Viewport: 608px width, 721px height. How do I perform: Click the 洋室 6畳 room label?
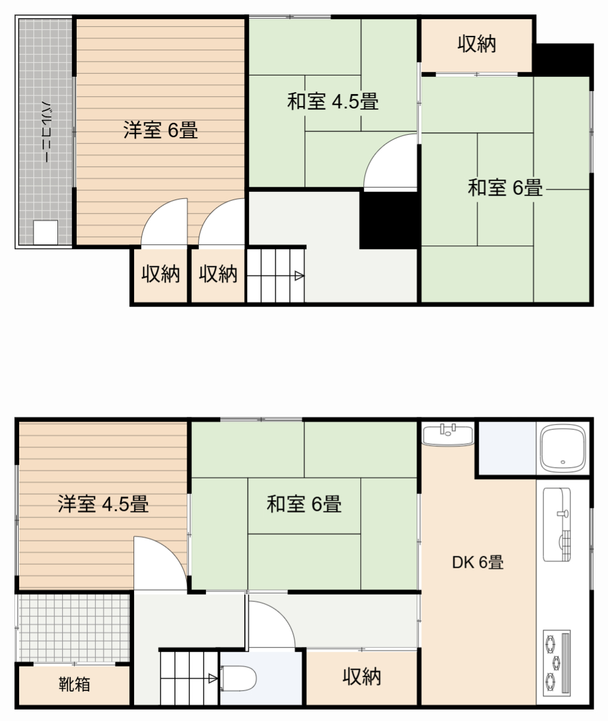160,130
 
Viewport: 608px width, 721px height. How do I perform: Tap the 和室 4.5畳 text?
333,102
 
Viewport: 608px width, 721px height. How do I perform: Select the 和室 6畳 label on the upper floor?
504,188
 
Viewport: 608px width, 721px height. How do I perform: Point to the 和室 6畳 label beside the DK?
304,504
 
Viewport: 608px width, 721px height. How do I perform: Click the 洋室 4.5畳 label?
103,504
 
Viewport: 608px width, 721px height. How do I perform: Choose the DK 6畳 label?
477,562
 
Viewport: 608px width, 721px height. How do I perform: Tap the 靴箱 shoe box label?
74,684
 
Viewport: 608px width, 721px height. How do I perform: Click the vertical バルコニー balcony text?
45,132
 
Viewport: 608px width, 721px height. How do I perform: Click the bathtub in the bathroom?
563,449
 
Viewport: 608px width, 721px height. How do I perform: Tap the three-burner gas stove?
557,662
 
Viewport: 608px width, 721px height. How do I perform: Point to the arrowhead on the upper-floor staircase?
299,276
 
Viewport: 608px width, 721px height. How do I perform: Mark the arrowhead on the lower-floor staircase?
212,678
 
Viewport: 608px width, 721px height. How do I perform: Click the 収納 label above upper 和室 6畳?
476,44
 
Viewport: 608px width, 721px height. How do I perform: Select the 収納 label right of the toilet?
361,677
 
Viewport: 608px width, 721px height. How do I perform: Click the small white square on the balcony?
45,232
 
